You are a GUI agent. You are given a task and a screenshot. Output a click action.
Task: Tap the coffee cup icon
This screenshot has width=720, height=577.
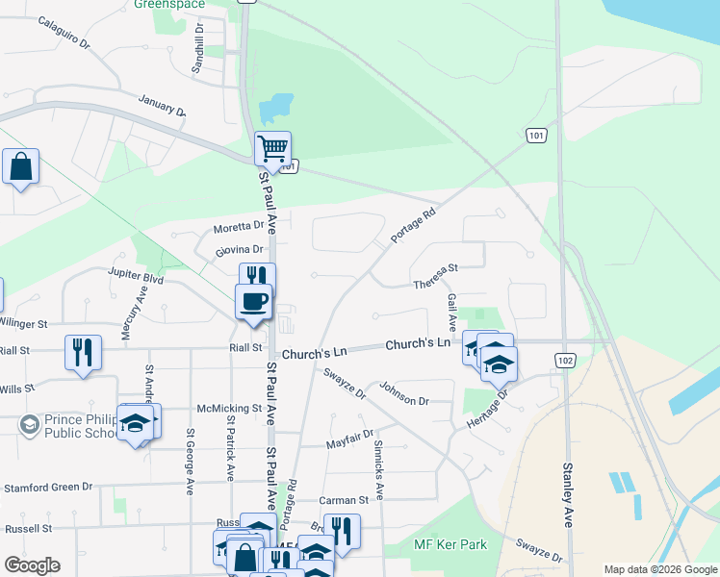254,300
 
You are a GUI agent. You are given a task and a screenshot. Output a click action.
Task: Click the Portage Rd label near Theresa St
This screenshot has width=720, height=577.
414,224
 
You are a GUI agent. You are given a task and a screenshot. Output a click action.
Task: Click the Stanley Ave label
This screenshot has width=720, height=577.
568,494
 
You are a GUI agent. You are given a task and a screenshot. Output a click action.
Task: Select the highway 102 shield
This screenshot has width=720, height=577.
565,359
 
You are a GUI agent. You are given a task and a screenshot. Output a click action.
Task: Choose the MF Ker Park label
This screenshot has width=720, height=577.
450,544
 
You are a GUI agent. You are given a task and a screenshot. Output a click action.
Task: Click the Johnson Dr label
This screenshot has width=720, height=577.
402,393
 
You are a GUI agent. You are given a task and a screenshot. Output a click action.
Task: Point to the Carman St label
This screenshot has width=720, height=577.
345,500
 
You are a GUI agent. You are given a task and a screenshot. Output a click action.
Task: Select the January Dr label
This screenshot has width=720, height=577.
162,105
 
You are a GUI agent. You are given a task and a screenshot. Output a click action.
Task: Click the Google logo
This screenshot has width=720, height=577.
32,565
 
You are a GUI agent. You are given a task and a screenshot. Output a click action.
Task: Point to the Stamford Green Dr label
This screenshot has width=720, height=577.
47,488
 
